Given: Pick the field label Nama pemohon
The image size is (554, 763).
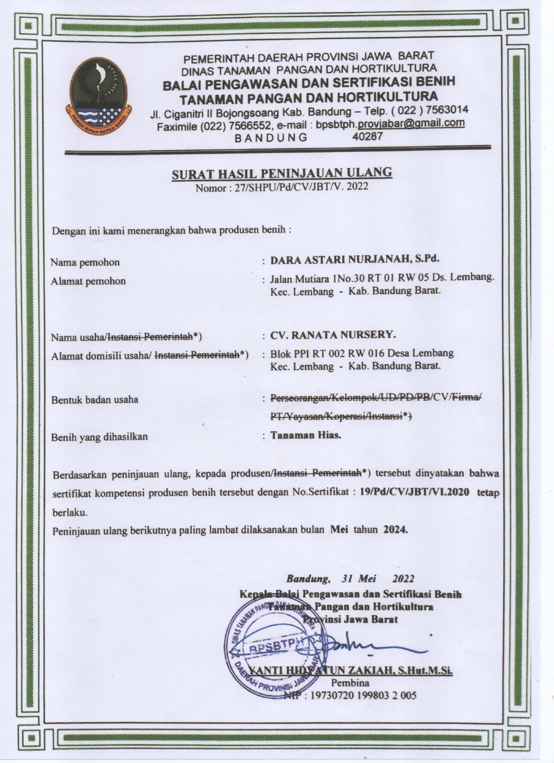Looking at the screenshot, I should pos(85,262).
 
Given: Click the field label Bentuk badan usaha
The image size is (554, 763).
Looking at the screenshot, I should pos(95,400).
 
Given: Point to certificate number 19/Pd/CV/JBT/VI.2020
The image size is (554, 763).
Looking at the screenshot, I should pos(414,492).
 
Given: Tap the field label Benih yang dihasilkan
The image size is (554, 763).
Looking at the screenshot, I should pos(100,437).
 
